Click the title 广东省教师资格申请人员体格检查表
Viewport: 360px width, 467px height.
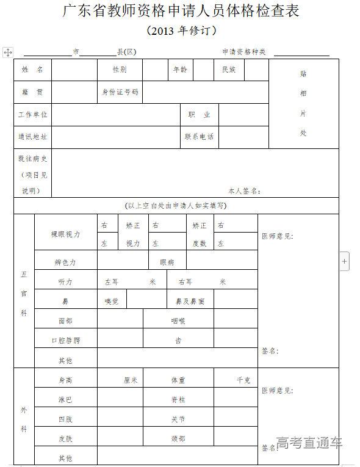coord(181,11)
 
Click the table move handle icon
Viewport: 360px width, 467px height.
coord(8,52)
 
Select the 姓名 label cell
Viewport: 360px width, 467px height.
coord(32,70)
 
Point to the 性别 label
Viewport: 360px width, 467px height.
coord(120,70)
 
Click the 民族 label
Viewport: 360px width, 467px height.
coord(229,70)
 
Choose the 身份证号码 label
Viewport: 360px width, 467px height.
coord(120,92)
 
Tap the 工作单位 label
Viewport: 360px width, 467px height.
coord(32,115)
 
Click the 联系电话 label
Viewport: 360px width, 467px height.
coord(200,137)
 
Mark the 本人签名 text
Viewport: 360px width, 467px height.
coord(245,191)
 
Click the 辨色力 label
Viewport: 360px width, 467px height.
coord(65,262)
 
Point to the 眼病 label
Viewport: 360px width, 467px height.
coord(167,262)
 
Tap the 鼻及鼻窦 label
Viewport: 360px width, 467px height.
coord(190,301)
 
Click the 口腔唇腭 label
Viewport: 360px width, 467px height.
coord(65,340)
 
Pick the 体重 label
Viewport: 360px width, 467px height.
coord(178,380)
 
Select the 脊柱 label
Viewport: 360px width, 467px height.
coord(178,400)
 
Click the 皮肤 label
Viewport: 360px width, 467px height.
coord(65,438)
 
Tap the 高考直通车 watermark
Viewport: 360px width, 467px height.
coord(309,443)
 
